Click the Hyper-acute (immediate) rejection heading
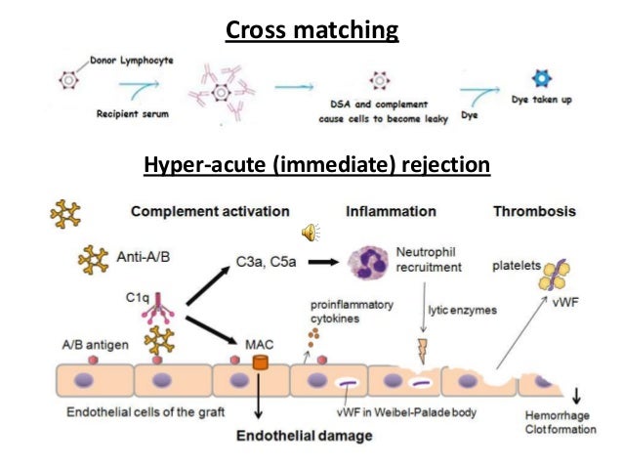click(314, 165)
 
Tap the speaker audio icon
click(311, 232)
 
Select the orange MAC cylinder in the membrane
click(260, 362)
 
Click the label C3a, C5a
click(266, 262)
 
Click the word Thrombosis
click(534, 211)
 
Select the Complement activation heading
click(210, 211)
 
